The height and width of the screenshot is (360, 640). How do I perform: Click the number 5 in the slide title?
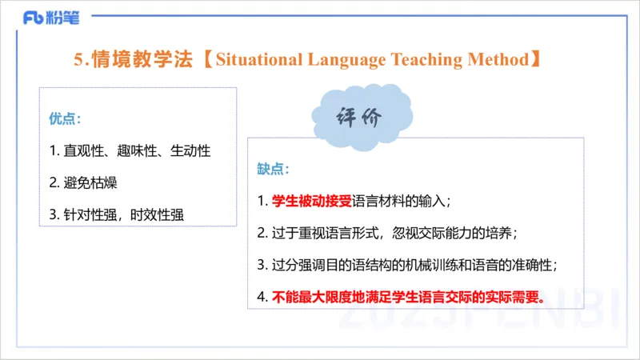(x=78, y=59)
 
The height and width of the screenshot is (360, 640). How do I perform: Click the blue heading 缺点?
(x=273, y=170)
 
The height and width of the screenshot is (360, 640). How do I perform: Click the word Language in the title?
(x=345, y=59)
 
